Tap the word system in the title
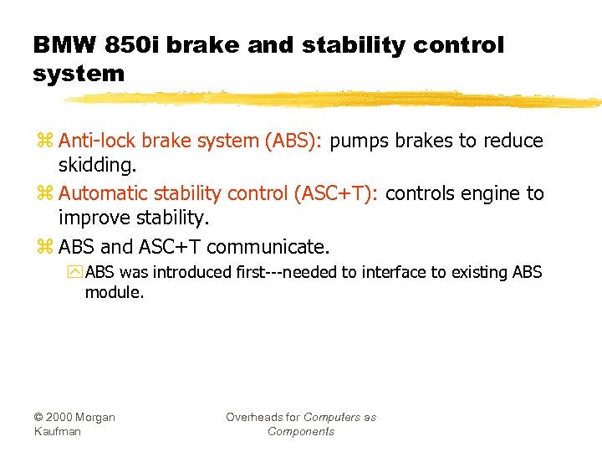pos(79,74)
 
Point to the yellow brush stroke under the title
pos(334,100)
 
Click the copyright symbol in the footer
pos(38,417)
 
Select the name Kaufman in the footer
pos(58,431)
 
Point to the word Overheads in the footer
pos(254,417)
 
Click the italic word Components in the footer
pos(301,431)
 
